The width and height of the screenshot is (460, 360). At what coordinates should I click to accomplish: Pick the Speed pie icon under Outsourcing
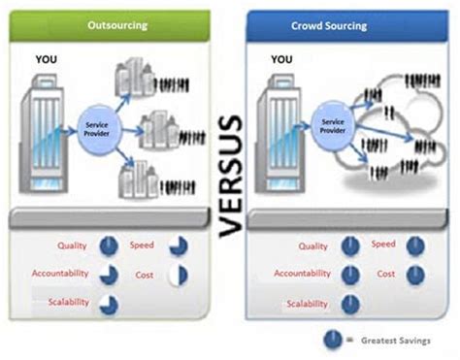[x=179, y=246]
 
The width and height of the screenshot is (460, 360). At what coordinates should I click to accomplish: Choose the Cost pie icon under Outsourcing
[x=179, y=276]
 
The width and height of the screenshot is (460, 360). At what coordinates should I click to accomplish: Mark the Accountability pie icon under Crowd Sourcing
[x=349, y=276]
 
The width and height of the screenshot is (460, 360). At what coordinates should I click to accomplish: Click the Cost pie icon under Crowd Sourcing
[x=415, y=275]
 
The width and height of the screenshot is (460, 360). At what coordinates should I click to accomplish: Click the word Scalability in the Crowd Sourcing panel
[x=306, y=305]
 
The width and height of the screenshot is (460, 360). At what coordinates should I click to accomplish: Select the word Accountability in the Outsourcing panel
[x=61, y=274]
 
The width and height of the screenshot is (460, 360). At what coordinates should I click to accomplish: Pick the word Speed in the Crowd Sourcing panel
[x=384, y=245]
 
